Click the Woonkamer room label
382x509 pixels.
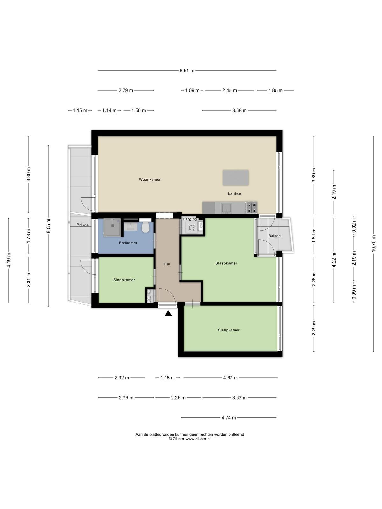(x=150, y=179)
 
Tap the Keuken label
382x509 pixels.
(x=234, y=194)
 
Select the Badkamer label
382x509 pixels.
(x=128, y=243)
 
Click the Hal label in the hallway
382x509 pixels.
(x=167, y=264)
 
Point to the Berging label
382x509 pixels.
(x=190, y=219)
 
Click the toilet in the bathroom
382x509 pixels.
(x=145, y=227)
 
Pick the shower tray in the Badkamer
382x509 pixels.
(x=112, y=227)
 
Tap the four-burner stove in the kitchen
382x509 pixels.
(x=251, y=207)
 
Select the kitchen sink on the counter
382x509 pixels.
(x=226, y=207)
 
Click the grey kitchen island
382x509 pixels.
(x=236, y=178)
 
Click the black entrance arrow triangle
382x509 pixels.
(x=168, y=314)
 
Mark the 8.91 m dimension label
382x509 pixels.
(x=187, y=71)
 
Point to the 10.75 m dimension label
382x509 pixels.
(x=373, y=243)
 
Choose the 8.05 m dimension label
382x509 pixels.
(x=48, y=226)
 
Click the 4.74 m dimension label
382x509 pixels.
(x=229, y=418)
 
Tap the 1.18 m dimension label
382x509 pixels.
(x=167, y=378)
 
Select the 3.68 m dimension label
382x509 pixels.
(x=239, y=111)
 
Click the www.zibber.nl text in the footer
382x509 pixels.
(x=198, y=439)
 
